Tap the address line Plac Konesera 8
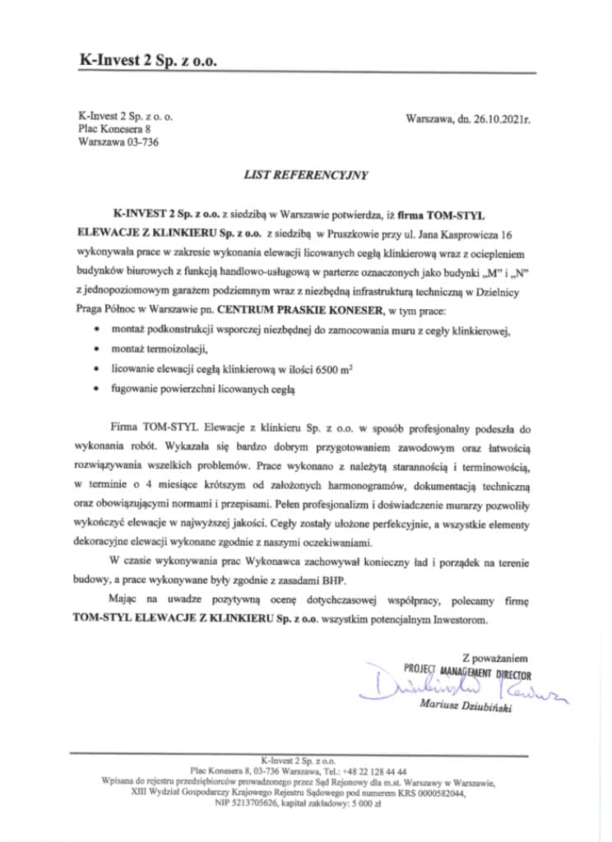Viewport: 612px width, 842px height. click(114, 129)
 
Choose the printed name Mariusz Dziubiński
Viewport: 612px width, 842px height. click(465, 706)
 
